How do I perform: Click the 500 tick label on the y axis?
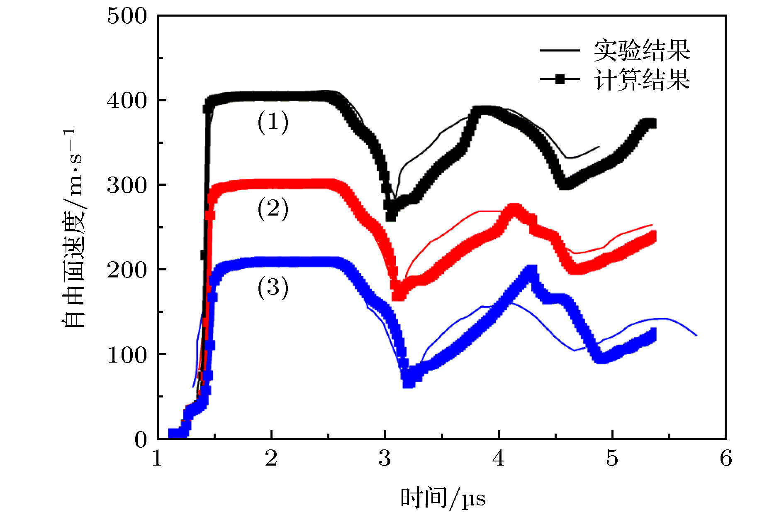point(127,17)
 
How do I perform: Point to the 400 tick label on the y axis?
point(127,101)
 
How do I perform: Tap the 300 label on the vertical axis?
point(127,186)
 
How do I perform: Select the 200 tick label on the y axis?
point(127,270)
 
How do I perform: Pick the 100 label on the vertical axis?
point(127,355)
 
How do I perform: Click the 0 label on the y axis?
point(141,440)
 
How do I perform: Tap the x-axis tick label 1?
point(157,459)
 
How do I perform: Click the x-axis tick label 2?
point(271,459)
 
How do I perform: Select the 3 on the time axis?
point(385,459)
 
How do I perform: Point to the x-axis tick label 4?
point(499,459)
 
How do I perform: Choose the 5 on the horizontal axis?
point(612,459)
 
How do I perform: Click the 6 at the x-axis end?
point(726,459)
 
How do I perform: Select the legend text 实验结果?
point(642,51)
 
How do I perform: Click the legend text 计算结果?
point(642,79)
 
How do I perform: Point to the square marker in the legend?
point(560,79)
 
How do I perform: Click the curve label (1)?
point(273,122)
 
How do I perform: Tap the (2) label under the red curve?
point(273,209)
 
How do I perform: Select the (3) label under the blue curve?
point(273,288)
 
